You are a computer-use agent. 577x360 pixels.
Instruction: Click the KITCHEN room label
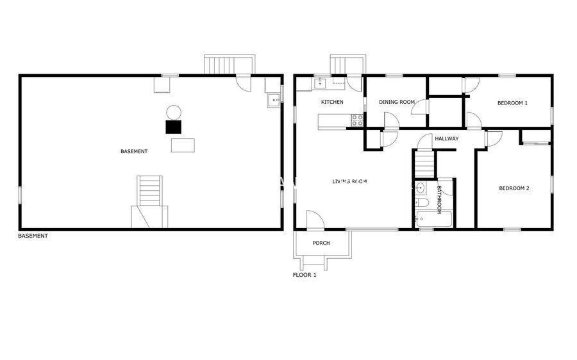pos(332,102)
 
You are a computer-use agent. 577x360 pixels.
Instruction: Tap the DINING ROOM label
pos(397,102)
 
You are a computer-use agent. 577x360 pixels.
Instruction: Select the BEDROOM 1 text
pos(512,103)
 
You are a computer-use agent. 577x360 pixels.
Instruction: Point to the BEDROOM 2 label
pos(514,188)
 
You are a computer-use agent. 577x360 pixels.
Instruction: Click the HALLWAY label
pos(447,138)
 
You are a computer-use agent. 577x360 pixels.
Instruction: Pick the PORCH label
pos(321,243)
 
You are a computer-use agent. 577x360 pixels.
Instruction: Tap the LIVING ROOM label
pos(349,181)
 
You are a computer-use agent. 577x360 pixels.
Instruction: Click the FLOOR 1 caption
pos(305,275)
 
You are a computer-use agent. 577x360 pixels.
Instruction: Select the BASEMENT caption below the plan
pos(33,236)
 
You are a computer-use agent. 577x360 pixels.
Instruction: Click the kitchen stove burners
pos(357,120)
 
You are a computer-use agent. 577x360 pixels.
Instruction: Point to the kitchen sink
pos(320,83)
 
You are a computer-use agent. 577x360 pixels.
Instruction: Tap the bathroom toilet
pos(421,202)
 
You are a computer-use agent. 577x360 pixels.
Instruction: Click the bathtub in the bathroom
pos(434,219)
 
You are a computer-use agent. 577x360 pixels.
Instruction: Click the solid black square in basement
pos(173,127)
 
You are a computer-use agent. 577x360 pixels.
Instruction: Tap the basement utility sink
pos(274,100)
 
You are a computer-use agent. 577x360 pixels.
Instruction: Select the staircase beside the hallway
pos(424,164)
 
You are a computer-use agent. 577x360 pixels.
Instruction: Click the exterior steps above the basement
pos(230,65)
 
